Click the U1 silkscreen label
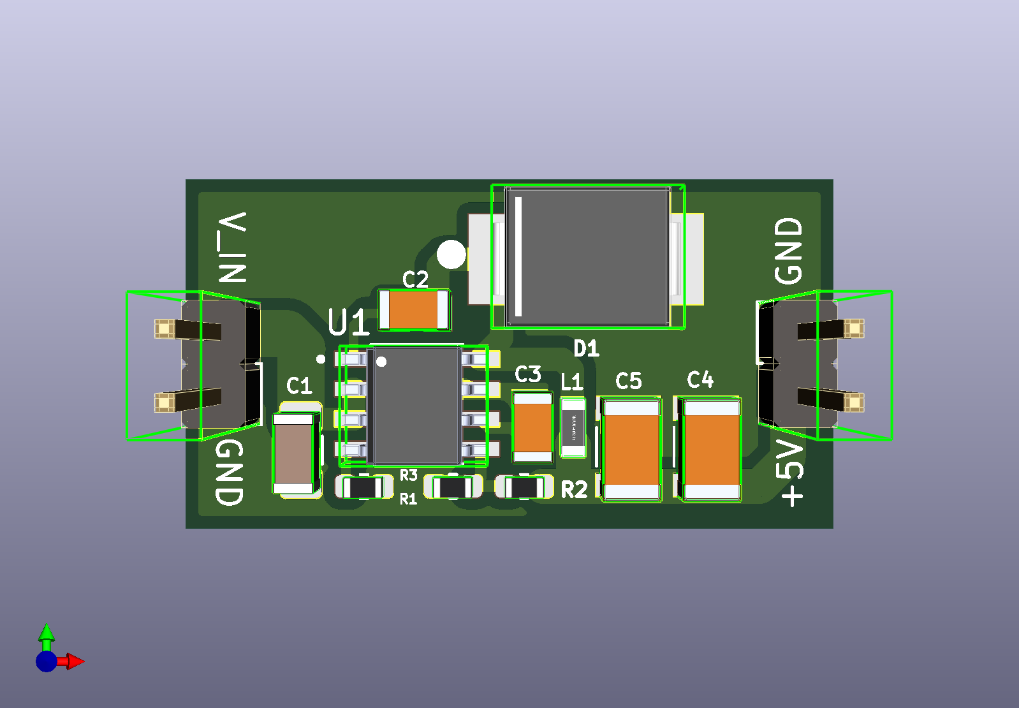pos(349,322)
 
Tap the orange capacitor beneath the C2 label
pos(413,309)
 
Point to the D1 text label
pos(586,348)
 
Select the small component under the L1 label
pos(573,427)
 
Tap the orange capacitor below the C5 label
pos(631,449)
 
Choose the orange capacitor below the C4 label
pos(711,449)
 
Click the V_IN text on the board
pos(232,247)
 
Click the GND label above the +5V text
pos(789,251)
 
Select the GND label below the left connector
pos(230,472)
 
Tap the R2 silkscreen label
pos(574,490)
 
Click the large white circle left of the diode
pos(451,254)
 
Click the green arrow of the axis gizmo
pos(47,635)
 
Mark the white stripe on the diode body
pos(518,256)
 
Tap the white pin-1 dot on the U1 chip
pos(381,362)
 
